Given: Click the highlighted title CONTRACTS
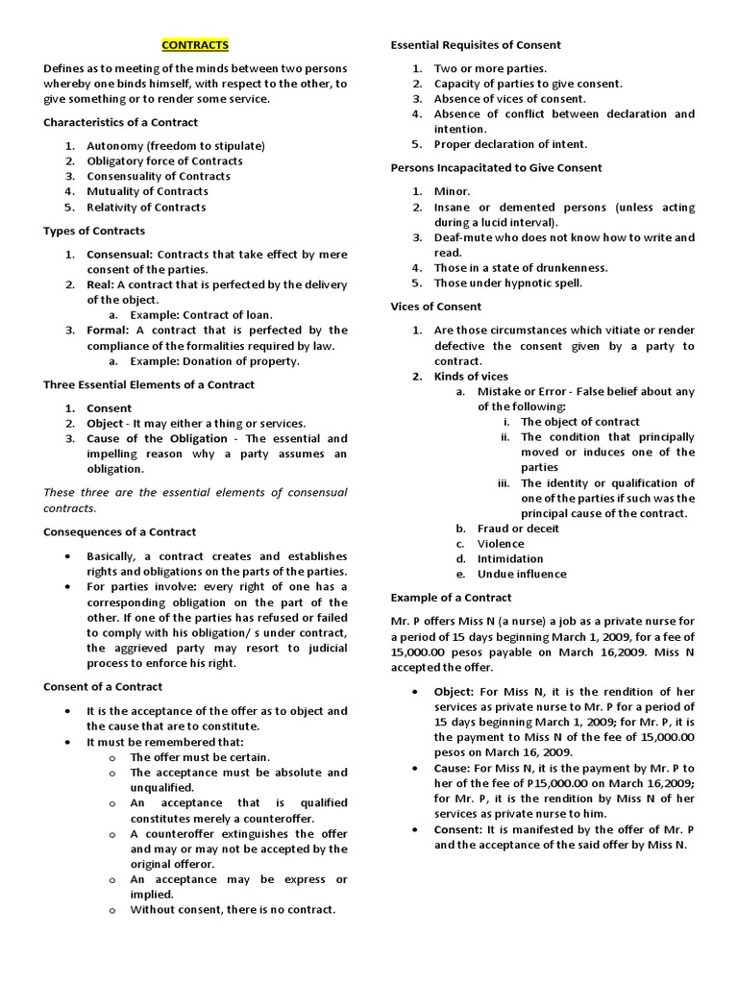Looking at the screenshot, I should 195,45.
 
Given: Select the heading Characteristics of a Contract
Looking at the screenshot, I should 121,122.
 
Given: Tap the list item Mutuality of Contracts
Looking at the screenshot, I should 147,191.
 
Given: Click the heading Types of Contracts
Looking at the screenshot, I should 94,231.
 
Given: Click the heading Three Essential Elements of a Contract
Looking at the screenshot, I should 149,384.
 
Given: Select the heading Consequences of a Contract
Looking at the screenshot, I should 120,531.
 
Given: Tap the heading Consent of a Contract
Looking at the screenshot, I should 103,686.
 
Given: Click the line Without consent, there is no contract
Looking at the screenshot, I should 233,910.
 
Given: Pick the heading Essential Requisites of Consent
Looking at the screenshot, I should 476,45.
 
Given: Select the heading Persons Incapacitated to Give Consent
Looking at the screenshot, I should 496,167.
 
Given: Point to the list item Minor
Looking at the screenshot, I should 453,191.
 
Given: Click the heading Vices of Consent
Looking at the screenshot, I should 436,307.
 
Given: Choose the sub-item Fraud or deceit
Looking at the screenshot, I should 518,528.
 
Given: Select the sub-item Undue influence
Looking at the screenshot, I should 522,574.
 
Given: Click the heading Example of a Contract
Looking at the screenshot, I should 451,598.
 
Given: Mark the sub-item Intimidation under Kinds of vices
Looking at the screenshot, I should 510,558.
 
